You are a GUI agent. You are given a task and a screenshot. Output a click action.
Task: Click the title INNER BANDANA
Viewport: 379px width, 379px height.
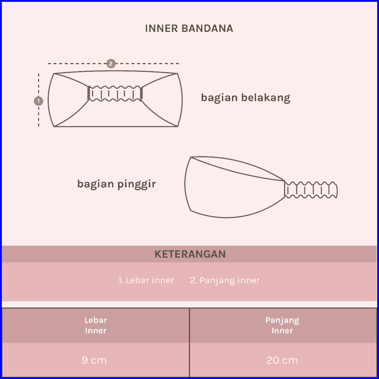coord(189,29)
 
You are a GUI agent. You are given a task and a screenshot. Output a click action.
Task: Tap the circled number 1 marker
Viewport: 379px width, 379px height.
coord(38,101)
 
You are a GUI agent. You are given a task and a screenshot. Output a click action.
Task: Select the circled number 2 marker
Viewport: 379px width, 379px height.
coord(111,63)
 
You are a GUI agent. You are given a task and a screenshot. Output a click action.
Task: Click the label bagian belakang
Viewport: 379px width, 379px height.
coord(246,98)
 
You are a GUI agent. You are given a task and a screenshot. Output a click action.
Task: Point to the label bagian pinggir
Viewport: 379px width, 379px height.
coord(117,184)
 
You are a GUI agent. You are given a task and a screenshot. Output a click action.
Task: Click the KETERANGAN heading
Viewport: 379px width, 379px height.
coord(190,254)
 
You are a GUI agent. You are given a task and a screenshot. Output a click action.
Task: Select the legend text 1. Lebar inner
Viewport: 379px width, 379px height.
coord(146,280)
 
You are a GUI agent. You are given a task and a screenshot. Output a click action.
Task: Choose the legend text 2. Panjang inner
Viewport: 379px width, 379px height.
coord(225,280)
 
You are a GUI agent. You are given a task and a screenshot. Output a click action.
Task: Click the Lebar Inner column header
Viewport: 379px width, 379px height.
coord(96,325)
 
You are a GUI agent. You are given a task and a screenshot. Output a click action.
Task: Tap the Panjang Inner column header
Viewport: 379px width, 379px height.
coord(282,325)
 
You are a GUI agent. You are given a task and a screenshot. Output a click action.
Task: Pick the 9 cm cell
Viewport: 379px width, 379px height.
coord(94,360)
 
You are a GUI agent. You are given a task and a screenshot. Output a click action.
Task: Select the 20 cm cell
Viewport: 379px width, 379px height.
coord(282,360)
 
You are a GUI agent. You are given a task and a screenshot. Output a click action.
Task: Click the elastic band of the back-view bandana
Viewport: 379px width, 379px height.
coord(115,93)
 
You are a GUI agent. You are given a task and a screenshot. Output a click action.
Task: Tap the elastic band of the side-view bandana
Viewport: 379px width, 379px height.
coord(311,190)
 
